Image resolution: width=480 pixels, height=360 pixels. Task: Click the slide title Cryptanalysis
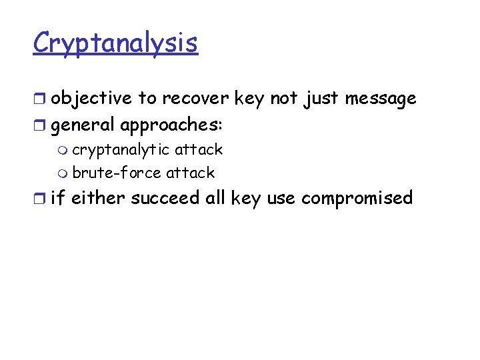[x=115, y=43]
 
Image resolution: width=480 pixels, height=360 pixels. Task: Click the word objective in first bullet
[x=91, y=99]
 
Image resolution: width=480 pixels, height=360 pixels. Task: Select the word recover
[x=194, y=99]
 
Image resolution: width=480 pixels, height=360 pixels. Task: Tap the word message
[x=380, y=99]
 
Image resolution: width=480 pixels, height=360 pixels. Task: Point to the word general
[x=82, y=125]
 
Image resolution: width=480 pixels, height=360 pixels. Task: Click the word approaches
[x=172, y=125]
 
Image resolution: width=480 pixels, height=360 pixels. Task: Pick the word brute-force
[x=117, y=173]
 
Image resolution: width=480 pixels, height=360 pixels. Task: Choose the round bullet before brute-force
[x=63, y=173]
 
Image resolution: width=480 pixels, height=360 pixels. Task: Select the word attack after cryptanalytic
[x=198, y=150]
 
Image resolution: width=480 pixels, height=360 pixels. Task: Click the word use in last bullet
[x=282, y=198]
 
